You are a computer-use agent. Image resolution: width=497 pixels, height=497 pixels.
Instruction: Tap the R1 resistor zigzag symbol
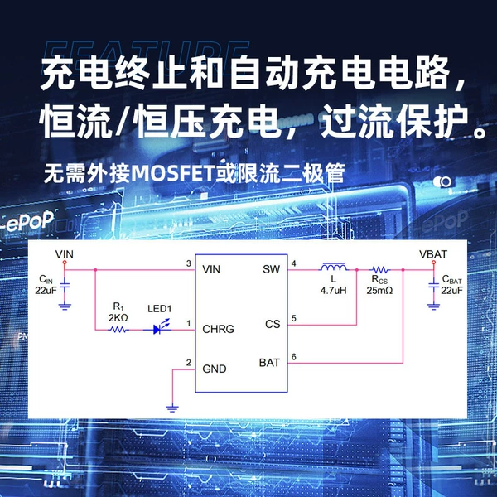click(x=118, y=330)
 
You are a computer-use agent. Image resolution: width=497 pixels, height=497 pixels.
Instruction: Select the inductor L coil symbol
click(x=334, y=268)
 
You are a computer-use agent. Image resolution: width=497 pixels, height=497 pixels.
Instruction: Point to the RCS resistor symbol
click(x=380, y=270)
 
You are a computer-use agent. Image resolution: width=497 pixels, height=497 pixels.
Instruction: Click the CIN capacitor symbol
click(x=65, y=287)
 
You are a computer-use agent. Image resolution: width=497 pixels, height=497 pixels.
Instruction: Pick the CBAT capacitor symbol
click(x=433, y=286)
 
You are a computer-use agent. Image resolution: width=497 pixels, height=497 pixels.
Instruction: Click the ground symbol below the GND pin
click(x=172, y=408)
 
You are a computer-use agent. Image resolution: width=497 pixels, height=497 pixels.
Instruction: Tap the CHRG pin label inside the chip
click(x=218, y=329)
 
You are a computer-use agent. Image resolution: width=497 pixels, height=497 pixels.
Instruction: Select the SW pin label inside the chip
click(x=272, y=269)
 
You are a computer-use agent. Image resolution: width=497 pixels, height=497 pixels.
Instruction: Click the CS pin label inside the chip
click(x=273, y=324)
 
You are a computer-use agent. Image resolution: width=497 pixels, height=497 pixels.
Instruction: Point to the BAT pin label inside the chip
click(x=269, y=363)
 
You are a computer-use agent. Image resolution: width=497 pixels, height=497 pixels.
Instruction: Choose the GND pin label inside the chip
click(x=215, y=369)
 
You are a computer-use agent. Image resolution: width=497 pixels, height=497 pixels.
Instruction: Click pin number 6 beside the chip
click(x=294, y=357)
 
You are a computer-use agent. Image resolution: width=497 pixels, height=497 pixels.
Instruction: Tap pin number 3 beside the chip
click(x=189, y=263)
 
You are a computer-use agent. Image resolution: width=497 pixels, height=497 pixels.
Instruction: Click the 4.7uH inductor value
click(x=334, y=291)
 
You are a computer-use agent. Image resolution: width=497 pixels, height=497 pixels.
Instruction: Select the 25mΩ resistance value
click(x=379, y=291)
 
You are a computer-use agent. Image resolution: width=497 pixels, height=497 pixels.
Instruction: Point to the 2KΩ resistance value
click(x=118, y=317)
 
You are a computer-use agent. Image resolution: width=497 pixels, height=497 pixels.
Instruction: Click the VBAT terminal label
click(x=433, y=254)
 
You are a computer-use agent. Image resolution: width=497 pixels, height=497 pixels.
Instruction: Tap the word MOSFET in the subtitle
click(x=172, y=173)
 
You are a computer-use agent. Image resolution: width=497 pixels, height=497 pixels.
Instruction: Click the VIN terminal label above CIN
click(x=65, y=254)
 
